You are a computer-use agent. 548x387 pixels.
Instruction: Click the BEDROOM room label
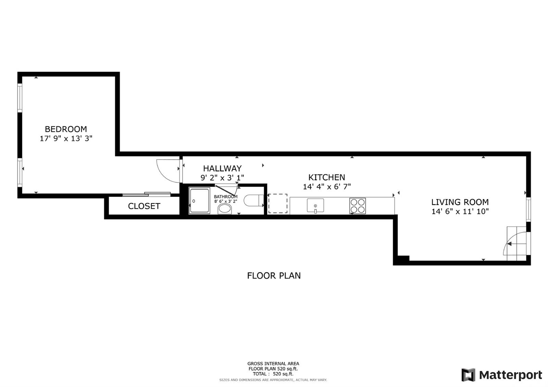[x=66, y=129]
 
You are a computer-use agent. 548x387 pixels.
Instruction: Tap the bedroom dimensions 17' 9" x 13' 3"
[x=66, y=138]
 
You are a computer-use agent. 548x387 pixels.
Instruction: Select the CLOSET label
[x=144, y=206]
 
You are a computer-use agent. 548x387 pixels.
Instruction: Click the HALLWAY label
[x=222, y=168]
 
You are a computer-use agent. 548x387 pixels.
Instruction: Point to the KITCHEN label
[x=327, y=177]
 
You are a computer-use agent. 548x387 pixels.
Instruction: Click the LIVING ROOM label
[x=460, y=202]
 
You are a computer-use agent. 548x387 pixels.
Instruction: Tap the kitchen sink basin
[x=315, y=205]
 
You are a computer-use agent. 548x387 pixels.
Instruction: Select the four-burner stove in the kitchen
[x=358, y=206]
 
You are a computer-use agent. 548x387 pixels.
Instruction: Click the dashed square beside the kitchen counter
[x=278, y=203]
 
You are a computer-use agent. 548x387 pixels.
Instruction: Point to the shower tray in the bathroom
[x=199, y=201]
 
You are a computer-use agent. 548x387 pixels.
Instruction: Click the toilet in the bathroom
[x=253, y=201]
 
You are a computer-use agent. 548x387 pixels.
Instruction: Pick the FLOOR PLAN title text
[x=274, y=276]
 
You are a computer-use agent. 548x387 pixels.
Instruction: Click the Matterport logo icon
[x=468, y=375]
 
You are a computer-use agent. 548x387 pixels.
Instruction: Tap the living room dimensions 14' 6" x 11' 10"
[x=460, y=211]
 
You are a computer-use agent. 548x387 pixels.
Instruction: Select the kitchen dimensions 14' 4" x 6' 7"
[x=327, y=187]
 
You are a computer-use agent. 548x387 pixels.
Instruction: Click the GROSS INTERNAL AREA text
[x=273, y=364]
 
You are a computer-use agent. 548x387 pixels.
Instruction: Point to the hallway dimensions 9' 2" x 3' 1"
[x=222, y=178]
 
